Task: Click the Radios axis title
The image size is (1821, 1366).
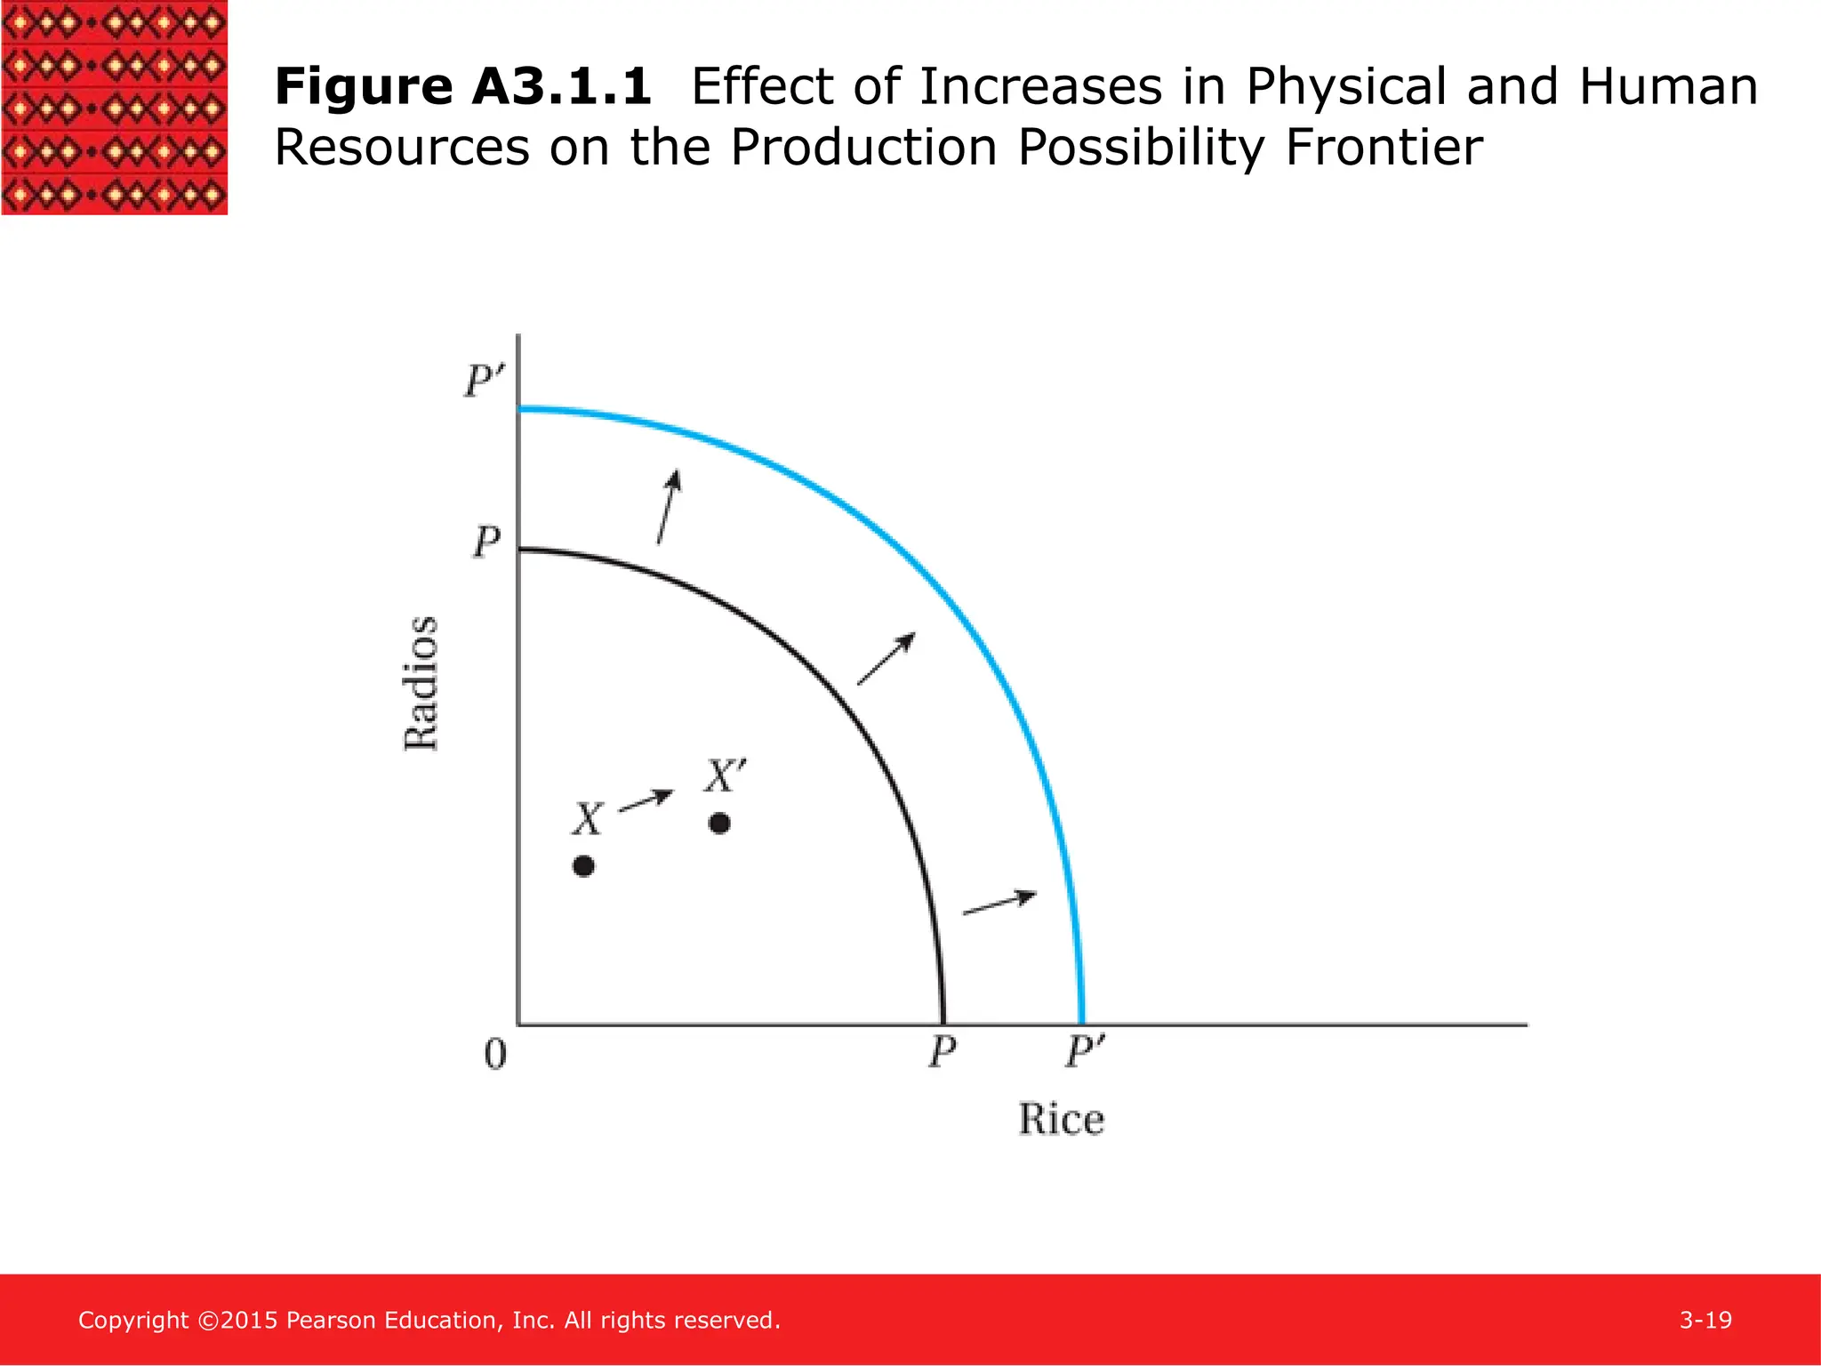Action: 421,683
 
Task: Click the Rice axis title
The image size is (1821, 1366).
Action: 1061,1119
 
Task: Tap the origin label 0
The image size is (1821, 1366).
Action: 495,1054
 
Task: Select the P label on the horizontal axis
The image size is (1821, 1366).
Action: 942,1053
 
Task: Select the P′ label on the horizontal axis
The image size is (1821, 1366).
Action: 1084,1053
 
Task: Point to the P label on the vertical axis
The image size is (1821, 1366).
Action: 486,542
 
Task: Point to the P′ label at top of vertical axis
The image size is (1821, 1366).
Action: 484,382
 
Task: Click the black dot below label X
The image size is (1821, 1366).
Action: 583,866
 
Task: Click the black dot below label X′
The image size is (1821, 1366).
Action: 719,824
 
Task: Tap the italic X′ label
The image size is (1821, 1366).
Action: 726,775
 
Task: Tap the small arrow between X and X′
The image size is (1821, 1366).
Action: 646,800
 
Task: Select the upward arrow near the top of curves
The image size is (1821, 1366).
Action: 669,507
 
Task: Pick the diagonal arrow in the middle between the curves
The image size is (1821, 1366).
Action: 886,659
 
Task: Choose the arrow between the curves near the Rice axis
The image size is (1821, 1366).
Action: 999,903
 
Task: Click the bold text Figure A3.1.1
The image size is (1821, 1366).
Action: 462,87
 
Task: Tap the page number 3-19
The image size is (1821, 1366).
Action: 1705,1320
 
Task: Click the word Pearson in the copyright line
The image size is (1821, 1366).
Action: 331,1320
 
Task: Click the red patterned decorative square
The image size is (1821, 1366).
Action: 114,107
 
